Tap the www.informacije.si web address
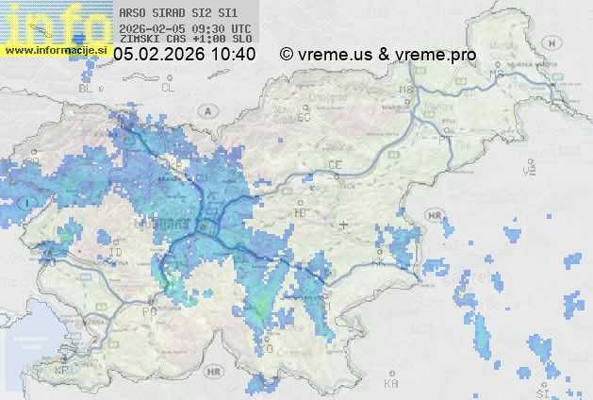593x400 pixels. pyautogui.click(x=56, y=49)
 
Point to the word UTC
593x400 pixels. pyautogui.click(x=240, y=29)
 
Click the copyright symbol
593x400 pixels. pyautogui.click(x=287, y=56)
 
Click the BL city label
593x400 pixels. pyautogui.click(x=89, y=88)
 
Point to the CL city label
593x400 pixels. pyautogui.click(x=169, y=88)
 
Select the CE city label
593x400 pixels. pyautogui.click(x=334, y=165)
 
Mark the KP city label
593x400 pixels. pyautogui.click(x=62, y=371)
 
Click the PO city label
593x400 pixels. pyautogui.click(x=148, y=310)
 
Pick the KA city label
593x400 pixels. pyautogui.click(x=391, y=384)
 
